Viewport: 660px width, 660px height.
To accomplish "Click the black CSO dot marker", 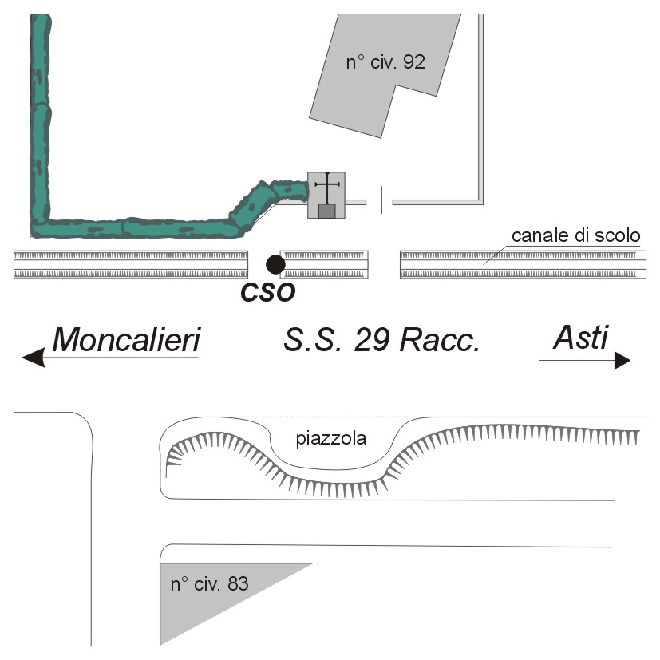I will tap(275, 263).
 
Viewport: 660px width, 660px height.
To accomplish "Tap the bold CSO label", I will tap(268, 293).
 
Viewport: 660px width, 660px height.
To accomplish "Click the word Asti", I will tap(580, 338).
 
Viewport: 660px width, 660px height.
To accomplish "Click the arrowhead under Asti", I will tap(622, 361).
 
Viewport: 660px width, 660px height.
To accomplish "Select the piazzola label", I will tap(330, 438).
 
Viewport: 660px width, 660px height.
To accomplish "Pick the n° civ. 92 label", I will tap(385, 62).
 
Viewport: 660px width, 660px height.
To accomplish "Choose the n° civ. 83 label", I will tap(210, 584).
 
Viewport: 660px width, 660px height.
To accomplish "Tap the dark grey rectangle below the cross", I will tap(326, 211).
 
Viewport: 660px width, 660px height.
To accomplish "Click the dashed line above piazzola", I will tap(322, 417).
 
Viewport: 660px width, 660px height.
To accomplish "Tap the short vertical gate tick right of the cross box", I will tap(381, 199).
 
